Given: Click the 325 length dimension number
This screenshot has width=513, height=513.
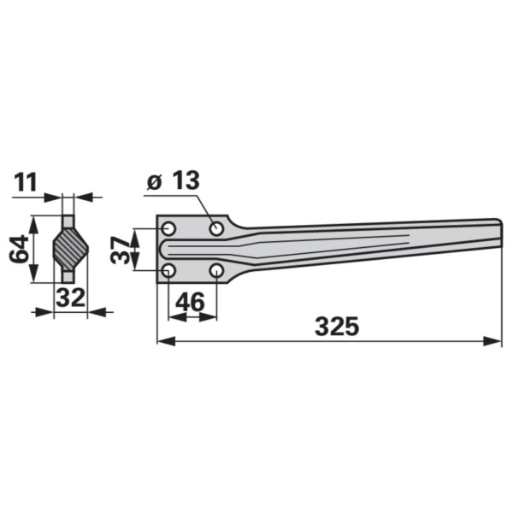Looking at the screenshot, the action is (337, 327).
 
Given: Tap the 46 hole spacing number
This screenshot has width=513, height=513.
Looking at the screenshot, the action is (190, 302).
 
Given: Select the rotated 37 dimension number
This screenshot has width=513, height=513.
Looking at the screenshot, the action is (120, 251).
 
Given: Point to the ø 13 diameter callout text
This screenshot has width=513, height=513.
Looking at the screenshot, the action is (173, 180).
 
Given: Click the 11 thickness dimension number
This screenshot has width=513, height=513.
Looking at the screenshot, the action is (26, 183).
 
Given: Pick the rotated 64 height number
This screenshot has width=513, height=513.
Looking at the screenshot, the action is (19, 249).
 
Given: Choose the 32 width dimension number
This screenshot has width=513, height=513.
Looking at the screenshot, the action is (70, 298).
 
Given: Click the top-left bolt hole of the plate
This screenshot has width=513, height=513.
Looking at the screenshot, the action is (168, 228).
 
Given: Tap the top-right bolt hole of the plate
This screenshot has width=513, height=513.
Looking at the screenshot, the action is (216, 228).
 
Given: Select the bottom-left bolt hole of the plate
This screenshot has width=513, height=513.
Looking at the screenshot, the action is (168, 270).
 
